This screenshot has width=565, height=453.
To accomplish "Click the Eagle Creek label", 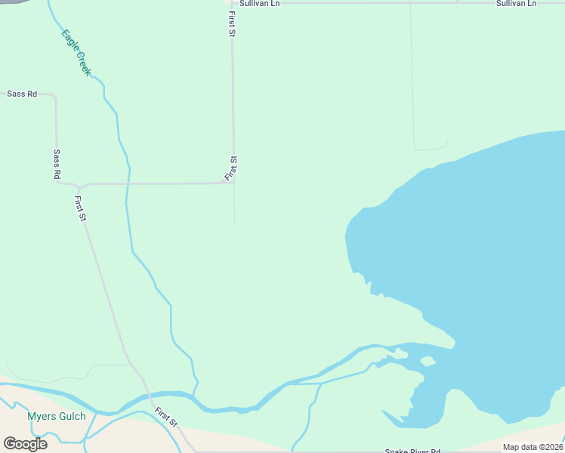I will (77, 51).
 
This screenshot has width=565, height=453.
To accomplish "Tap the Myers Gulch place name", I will (57, 416).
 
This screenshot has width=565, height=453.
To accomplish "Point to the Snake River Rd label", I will (412, 451).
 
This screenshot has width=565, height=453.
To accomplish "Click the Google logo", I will (25, 444).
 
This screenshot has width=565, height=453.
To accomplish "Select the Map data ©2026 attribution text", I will (533, 447).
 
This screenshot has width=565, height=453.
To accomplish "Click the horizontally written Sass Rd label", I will (21, 94).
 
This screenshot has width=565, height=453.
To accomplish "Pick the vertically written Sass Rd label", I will (57, 164).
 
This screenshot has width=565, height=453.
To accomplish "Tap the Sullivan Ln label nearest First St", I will (259, 4).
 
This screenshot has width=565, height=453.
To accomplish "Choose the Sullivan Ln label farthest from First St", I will (516, 4).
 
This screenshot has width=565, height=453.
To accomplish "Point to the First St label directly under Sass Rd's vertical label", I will (81, 208).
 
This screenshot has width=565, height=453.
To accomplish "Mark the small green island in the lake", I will (428, 361).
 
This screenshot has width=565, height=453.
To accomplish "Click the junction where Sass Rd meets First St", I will (79, 185).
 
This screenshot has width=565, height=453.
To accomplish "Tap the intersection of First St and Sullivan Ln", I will (231, 3).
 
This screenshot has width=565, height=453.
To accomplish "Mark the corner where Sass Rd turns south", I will (54, 96).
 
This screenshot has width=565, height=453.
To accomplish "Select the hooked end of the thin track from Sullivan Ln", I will (448, 142).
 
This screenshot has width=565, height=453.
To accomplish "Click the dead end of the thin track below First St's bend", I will (234, 221).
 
